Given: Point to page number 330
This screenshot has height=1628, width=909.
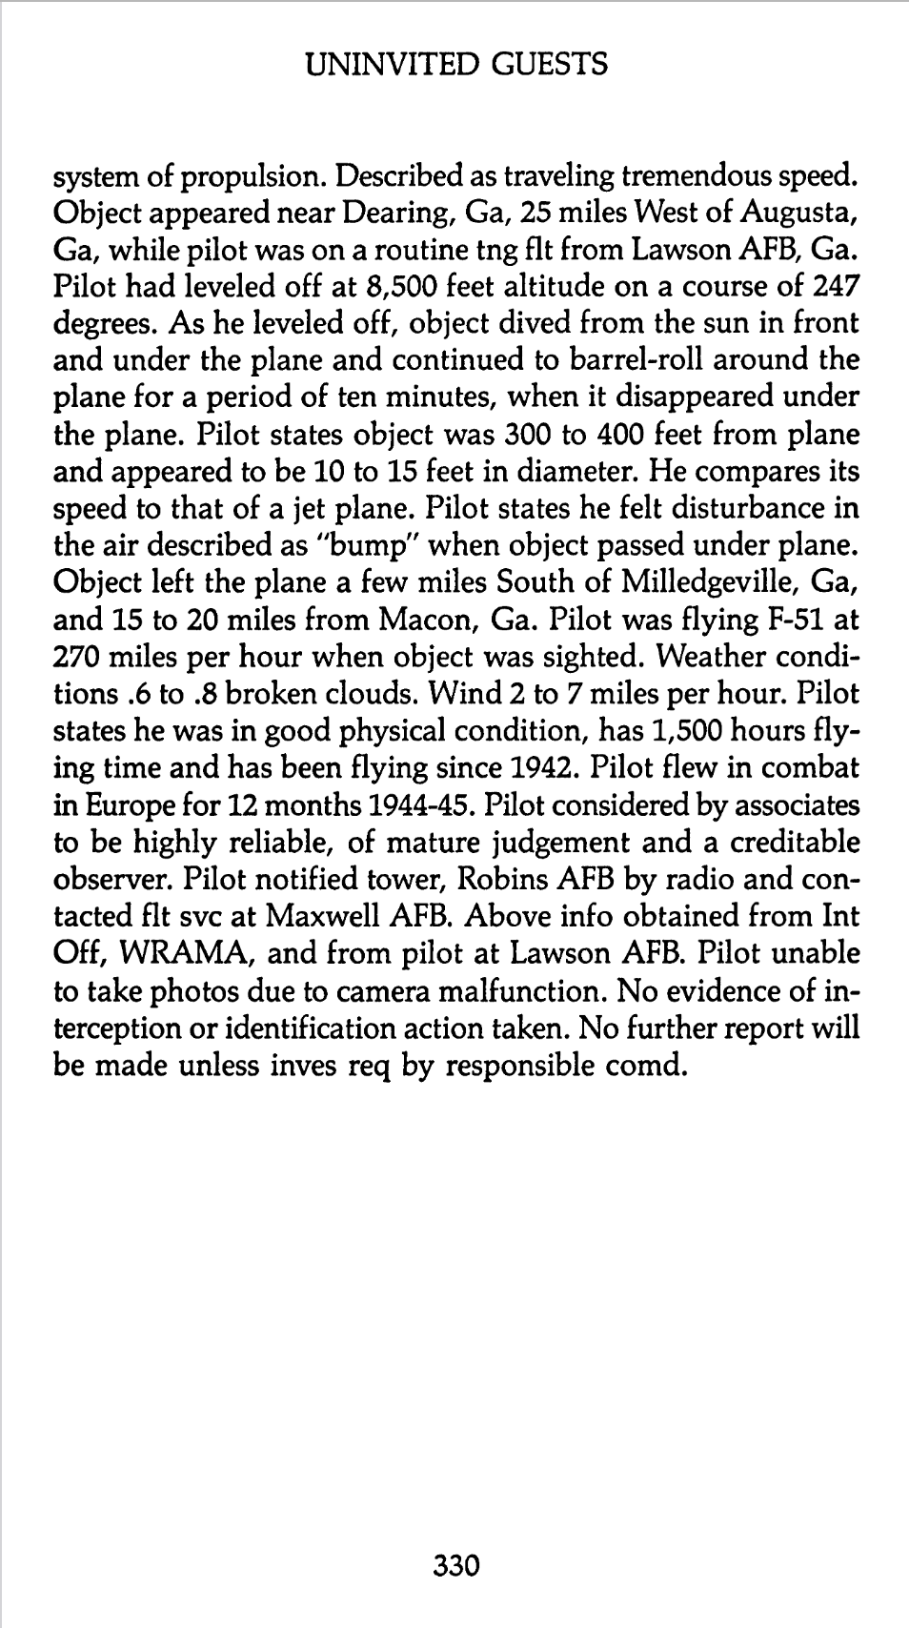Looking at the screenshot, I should tap(455, 1566).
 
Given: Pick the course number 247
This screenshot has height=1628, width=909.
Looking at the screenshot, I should tap(835, 287).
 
